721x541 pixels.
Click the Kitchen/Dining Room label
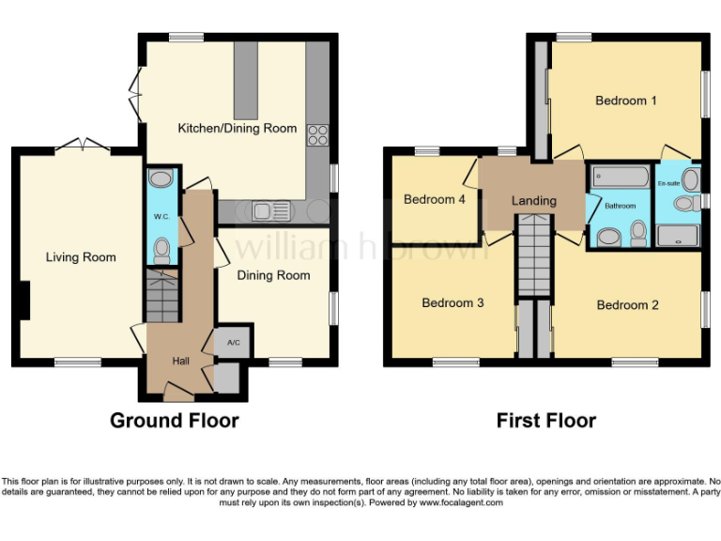(238, 128)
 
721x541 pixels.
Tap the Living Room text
(81, 257)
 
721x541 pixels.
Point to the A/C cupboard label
(233, 343)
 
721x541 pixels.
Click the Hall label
(180, 361)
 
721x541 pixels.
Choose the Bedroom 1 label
(626, 100)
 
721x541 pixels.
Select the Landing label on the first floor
(533, 200)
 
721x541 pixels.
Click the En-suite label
(668, 182)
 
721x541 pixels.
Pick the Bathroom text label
(620, 206)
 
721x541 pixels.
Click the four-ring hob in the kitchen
(317, 134)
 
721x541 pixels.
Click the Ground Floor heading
(174, 420)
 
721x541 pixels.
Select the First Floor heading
(545, 420)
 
